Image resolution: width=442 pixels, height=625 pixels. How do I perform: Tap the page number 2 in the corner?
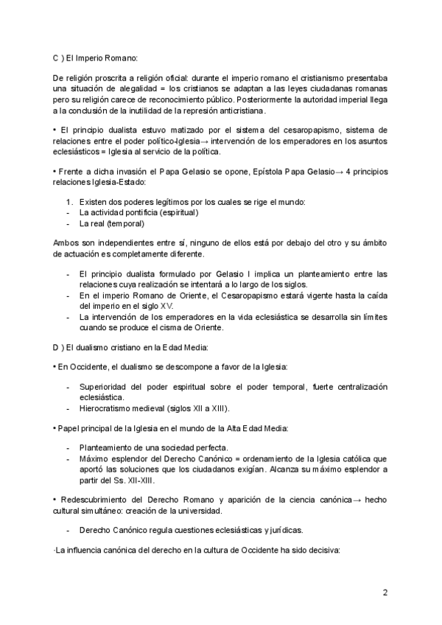coord(385,592)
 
